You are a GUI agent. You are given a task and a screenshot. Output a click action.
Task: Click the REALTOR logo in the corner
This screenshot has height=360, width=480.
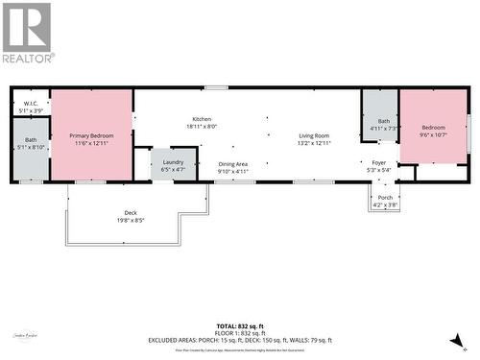(27, 33)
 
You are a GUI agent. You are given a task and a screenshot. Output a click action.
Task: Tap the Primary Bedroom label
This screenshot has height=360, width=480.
(92, 136)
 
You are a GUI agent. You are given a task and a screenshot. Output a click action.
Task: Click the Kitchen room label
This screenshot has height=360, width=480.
(201, 118)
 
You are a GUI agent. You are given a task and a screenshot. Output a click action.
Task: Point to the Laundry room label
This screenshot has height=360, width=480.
(174, 162)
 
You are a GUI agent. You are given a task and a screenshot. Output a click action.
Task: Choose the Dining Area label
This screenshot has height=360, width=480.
(233, 164)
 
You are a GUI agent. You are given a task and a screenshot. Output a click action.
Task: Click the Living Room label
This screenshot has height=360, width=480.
(314, 136)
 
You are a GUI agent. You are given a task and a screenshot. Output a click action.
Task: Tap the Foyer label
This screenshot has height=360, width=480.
(379, 163)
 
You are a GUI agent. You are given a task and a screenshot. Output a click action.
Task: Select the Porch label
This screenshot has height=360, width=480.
(385, 197)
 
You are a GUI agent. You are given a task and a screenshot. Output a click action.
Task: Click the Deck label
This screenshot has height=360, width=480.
(131, 212)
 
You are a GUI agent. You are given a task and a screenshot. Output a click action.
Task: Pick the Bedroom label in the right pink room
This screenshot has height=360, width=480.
(434, 128)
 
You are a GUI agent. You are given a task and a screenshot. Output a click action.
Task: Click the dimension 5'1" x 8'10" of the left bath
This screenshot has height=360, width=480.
(31, 148)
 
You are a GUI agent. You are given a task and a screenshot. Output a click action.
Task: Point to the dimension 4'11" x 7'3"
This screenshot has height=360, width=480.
(384, 128)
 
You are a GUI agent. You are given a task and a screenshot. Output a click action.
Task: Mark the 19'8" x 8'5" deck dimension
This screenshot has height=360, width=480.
(131, 220)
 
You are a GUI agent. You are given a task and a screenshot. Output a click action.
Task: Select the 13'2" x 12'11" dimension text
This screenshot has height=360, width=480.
(314, 143)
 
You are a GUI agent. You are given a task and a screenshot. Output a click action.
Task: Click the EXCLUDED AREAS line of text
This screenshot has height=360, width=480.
(239, 340)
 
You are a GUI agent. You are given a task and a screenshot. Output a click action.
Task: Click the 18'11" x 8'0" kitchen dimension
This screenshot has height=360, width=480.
(201, 126)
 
